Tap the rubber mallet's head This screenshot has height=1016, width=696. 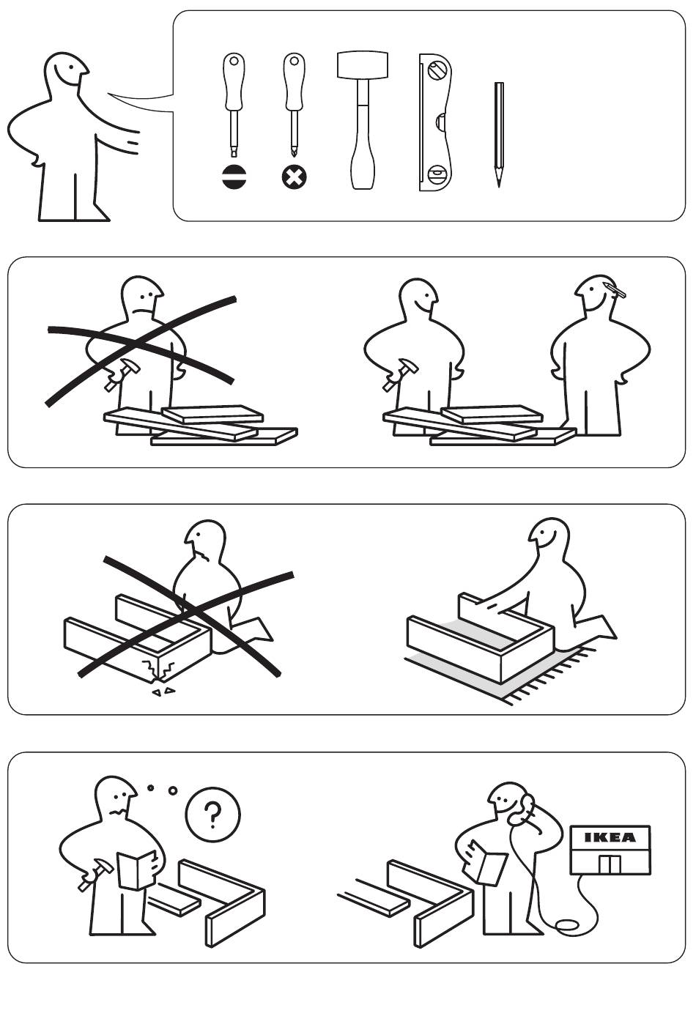tap(363, 66)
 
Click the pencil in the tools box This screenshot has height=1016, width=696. tap(499, 135)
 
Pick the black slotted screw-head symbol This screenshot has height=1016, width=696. tap(234, 177)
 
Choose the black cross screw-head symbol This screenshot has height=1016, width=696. tap(294, 177)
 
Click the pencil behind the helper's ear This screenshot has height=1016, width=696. tap(615, 290)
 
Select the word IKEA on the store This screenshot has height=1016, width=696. tap(610, 837)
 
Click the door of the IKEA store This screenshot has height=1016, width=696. tap(610, 864)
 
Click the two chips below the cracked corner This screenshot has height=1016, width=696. tap(163, 691)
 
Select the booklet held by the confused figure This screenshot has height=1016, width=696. tap(136, 869)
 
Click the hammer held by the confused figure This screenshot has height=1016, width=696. tap(95, 875)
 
